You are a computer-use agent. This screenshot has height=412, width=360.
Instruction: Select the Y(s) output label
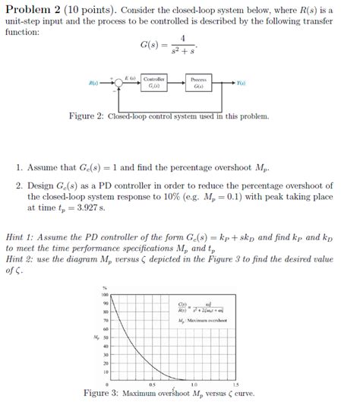[241, 83]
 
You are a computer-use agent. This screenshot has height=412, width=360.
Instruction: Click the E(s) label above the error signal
[130, 77]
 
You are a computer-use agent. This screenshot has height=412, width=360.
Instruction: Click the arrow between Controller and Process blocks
[177, 83]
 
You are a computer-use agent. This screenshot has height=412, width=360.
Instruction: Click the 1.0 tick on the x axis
[195, 385]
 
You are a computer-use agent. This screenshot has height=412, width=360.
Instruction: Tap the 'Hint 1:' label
[21, 236]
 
